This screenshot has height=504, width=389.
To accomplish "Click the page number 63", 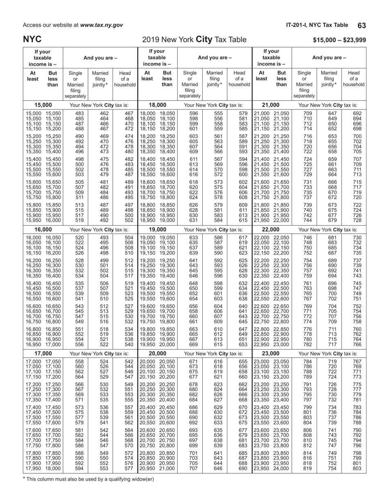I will [x=362, y=25].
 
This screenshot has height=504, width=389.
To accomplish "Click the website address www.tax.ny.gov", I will [x=102, y=25].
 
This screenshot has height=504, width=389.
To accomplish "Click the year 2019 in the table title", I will [x=151, y=40].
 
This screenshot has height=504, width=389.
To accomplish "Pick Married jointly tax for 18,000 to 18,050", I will [x=213, y=113].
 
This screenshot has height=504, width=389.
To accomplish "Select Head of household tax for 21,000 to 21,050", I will [x=354, y=113].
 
